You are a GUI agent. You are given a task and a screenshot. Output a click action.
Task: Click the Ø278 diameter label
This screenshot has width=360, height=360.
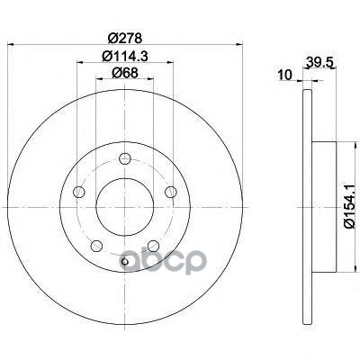[x=124, y=38]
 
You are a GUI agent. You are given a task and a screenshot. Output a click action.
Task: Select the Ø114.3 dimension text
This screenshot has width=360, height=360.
[x=125, y=56]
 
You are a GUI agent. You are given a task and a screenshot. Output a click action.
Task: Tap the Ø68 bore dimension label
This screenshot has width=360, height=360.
[x=125, y=72]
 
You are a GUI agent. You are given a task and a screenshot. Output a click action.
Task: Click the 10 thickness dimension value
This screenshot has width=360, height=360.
[x=284, y=75]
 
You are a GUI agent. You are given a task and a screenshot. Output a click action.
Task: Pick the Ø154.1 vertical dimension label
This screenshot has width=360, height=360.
[x=350, y=206]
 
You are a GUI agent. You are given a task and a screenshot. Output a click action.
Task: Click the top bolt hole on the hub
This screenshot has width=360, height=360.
[x=125, y=158]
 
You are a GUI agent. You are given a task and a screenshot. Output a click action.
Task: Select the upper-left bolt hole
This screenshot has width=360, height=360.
[x=79, y=192]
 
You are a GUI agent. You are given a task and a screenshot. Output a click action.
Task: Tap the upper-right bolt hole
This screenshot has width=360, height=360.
[x=171, y=192]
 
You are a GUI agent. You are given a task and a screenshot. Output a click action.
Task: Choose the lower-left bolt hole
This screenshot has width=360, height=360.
[x=96, y=246]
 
